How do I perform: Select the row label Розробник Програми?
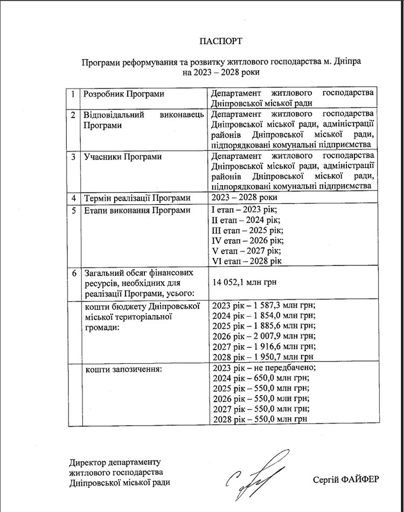(x=123, y=94)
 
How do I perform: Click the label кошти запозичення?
(x=124, y=368)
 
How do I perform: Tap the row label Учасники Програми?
(x=122, y=157)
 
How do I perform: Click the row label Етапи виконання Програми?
(x=137, y=210)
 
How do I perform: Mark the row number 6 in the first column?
(x=74, y=272)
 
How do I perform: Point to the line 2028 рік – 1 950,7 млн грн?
(x=263, y=357)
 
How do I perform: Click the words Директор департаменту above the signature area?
(x=115, y=462)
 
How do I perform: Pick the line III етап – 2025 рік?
(x=248, y=230)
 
